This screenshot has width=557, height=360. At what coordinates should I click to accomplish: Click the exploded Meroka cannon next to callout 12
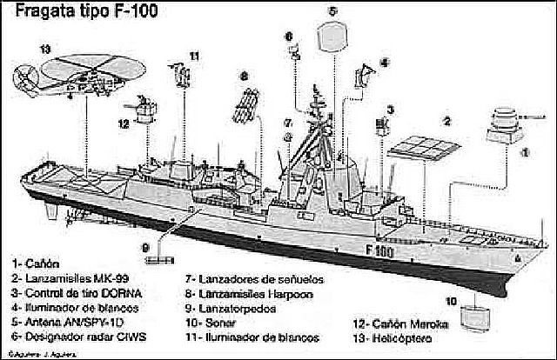pyautogui.click(x=149, y=112)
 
